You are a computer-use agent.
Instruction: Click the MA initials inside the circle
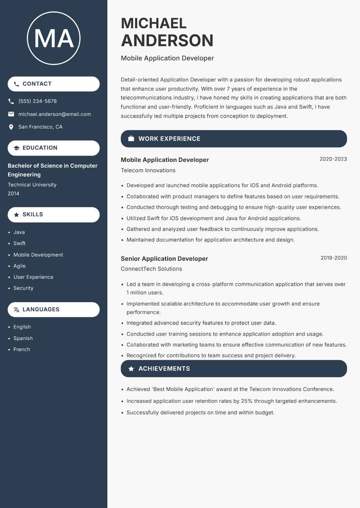pyautogui.click(x=54, y=39)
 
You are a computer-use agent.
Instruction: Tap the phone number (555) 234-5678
pyautogui.click(x=37, y=101)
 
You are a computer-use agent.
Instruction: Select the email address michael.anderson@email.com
pyautogui.click(x=54, y=114)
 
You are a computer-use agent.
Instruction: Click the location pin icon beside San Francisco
pyautogui.click(x=11, y=127)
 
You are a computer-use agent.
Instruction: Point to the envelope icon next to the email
pyautogui.click(x=11, y=114)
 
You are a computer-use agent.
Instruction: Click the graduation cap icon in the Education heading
pyautogui.click(x=17, y=148)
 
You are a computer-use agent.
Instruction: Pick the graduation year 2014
pyautogui.click(x=13, y=193)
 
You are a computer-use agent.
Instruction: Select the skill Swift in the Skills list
pyautogui.click(x=19, y=243)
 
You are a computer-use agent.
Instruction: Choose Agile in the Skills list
pyautogui.click(x=19, y=266)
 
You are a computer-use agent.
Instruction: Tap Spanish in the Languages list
pyautogui.click(x=23, y=338)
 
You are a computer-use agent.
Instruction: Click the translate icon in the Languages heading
pyautogui.click(x=17, y=310)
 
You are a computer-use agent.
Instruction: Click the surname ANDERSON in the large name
pyautogui.click(x=167, y=40)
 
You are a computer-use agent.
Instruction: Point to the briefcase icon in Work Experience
pyautogui.click(x=131, y=139)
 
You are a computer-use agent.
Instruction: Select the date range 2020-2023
pyautogui.click(x=333, y=159)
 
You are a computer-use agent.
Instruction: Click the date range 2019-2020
pyautogui.click(x=333, y=258)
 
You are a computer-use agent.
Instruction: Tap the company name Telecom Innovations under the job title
pyautogui.click(x=148, y=170)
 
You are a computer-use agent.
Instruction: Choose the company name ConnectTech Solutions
pyautogui.click(x=151, y=269)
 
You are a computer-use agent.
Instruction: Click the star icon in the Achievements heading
pyautogui.click(x=131, y=369)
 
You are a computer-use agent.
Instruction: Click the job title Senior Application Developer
pyautogui.click(x=164, y=258)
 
